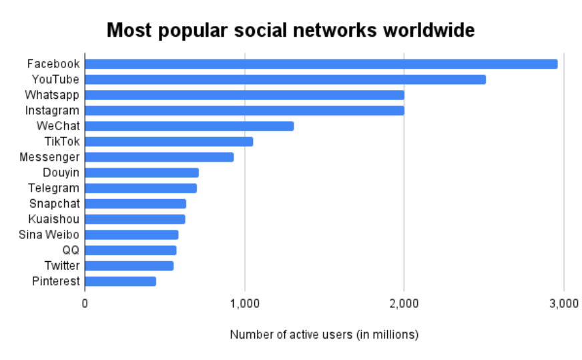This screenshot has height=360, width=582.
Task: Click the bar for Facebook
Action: click(x=321, y=64)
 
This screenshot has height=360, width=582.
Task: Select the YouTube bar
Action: click(x=285, y=79)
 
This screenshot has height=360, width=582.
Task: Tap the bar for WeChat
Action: click(x=190, y=126)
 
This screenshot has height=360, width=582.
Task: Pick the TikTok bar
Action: click(x=169, y=142)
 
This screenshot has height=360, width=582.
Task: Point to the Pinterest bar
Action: click(x=121, y=281)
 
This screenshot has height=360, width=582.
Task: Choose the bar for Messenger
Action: click(x=160, y=157)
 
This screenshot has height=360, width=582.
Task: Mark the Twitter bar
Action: click(x=129, y=266)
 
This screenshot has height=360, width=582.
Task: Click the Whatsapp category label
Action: click(x=52, y=95)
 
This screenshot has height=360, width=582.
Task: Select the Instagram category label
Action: click(x=52, y=110)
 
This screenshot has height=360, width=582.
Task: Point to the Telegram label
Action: click(x=54, y=188)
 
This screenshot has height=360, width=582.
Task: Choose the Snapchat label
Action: click(x=54, y=204)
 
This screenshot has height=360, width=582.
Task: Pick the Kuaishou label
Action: click(x=54, y=219)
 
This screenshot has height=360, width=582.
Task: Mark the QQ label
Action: click(x=71, y=250)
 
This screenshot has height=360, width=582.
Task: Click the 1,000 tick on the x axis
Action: click(x=244, y=303)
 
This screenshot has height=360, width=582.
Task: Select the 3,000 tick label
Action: click(x=563, y=303)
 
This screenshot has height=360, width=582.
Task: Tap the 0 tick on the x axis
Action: click(x=85, y=303)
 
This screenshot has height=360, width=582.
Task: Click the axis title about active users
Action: click(x=324, y=335)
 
